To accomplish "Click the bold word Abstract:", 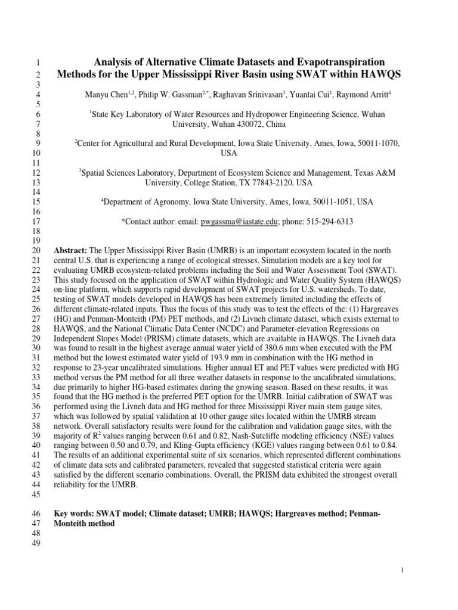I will [71, 250].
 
